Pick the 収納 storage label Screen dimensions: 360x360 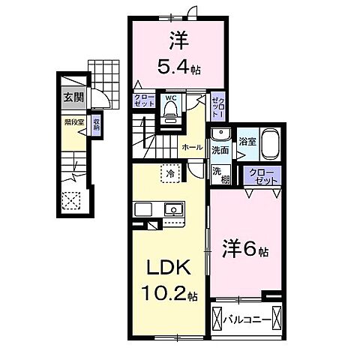[x=96, y=124]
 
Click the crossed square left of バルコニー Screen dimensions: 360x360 [x=218, y=319]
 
